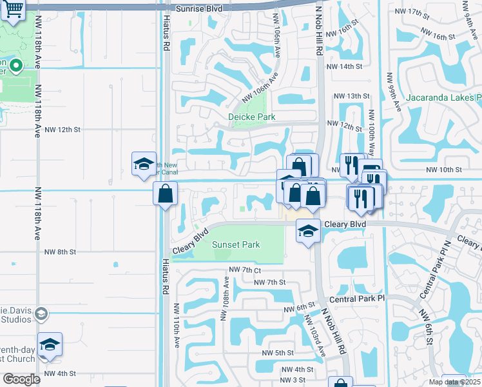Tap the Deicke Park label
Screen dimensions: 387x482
coord(252,117)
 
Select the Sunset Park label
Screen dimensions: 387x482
coord(236,244)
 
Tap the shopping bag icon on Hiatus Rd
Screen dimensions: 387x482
coord(166,193)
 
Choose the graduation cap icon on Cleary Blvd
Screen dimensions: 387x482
coord(309,230)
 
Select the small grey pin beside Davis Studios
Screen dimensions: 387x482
coord(41,313)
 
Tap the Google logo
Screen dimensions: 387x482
coord(21,379)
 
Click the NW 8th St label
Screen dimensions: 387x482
coord(60,252)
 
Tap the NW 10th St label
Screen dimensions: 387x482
coord(445,170)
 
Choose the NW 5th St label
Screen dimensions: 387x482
coord(278,353)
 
